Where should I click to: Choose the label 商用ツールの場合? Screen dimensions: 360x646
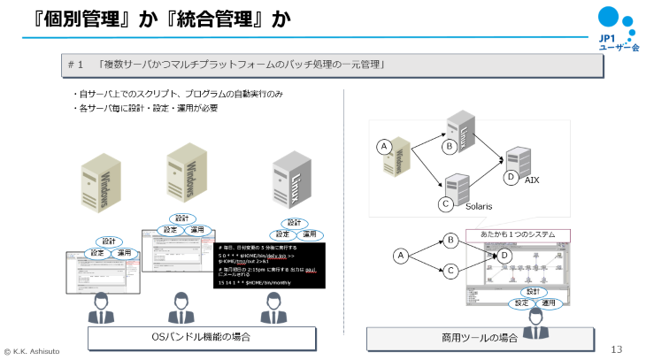tap(467, 338)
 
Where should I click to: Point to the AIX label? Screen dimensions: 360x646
tap(532, 180)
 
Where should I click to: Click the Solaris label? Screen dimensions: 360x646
tap(479, 205)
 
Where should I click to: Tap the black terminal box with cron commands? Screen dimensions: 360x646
tap(269, 264)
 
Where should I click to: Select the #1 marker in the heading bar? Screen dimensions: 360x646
tap(74, 65)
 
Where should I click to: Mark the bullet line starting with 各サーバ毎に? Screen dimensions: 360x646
tap(145, 108)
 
